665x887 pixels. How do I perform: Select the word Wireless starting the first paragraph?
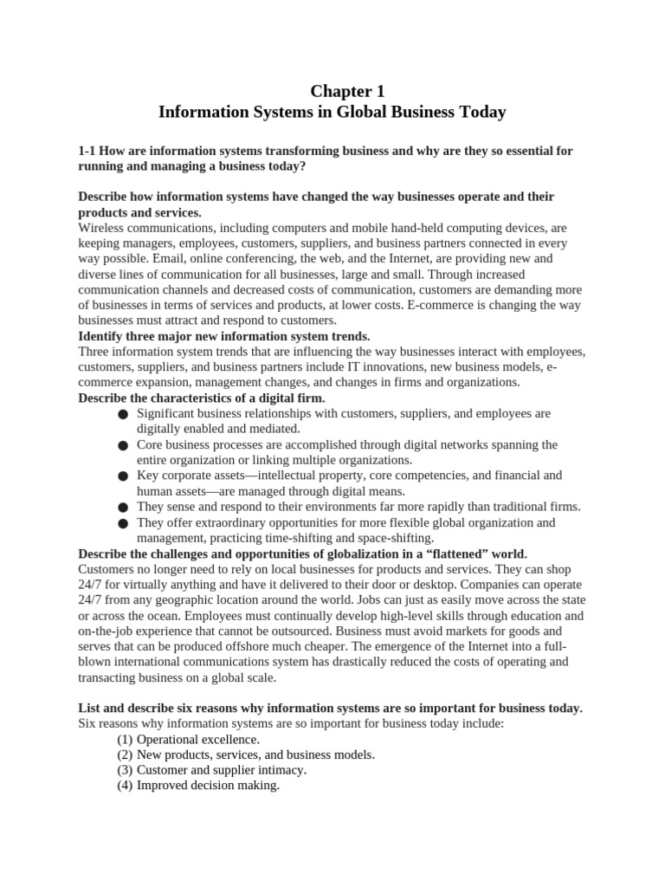tap(102, 227)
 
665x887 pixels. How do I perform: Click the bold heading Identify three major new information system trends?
tap(223, 336)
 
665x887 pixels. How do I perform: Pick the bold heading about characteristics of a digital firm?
tap(202, 398)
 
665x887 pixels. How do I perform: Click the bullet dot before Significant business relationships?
tap(123, 415)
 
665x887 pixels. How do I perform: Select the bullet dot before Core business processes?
tap(123, 445)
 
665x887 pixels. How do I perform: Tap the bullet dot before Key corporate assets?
tap(123, 476)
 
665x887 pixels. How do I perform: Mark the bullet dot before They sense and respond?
tap(123, 508)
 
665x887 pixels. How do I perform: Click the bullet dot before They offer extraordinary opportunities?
tap(123, 523)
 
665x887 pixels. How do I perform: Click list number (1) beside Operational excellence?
tap(125, 739)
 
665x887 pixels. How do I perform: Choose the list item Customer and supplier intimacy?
tap(222, 770)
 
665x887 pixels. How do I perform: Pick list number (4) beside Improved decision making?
tap(125, 786)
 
